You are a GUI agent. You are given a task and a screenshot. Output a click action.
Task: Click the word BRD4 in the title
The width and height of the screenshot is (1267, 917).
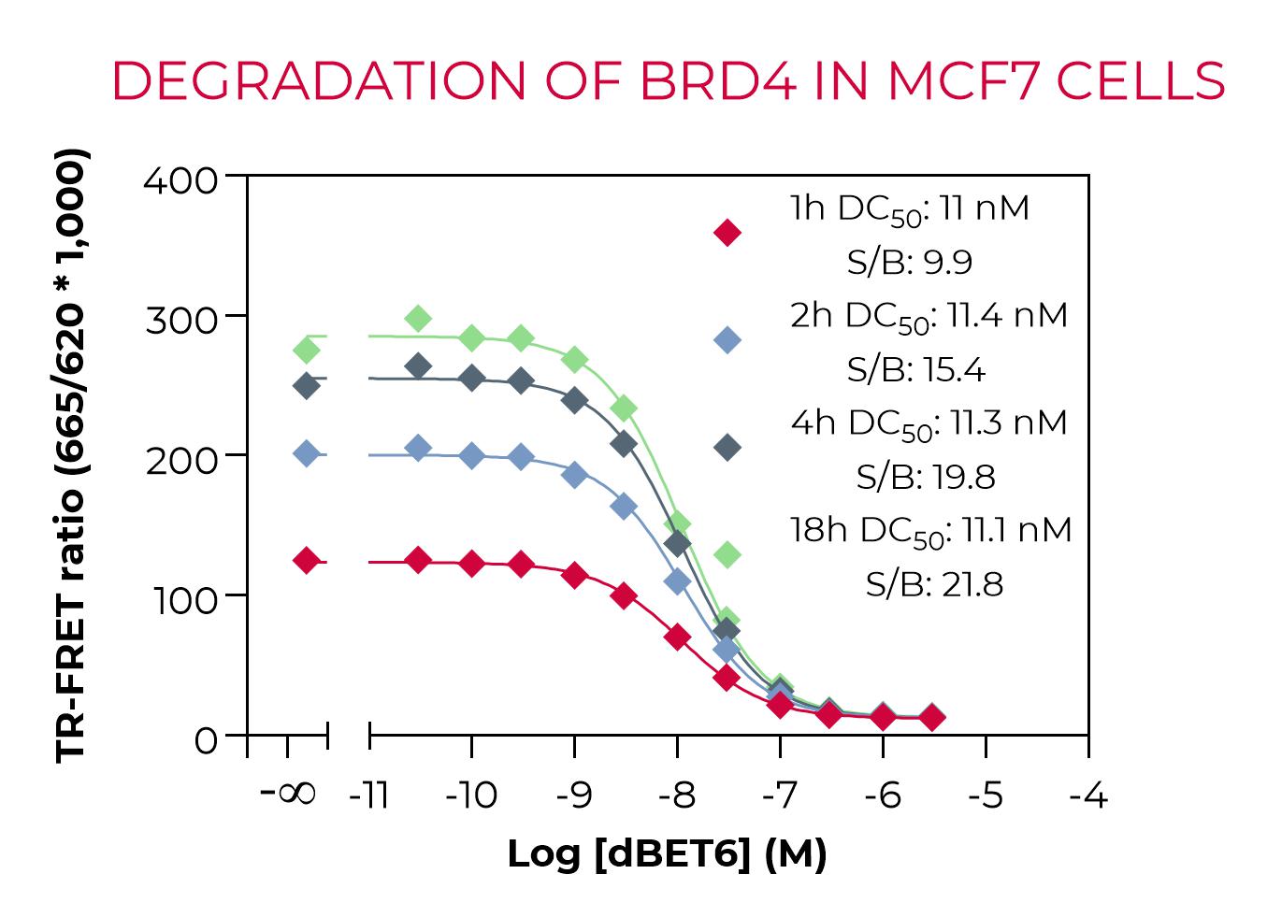pyautogui.click(x=718, y=80)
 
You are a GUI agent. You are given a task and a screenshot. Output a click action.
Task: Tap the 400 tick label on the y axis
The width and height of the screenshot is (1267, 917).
pyautogui.click(x=180, y=179)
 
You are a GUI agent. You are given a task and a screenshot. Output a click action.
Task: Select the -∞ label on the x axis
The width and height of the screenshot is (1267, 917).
pyautogui.click(x=288, y=794)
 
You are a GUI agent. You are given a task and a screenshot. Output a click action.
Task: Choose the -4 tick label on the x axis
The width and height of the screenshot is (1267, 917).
pyautogui.click(x=1087, y=795)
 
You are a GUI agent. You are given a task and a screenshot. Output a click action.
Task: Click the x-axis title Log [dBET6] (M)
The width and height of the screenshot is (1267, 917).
pyautogui.click(x=667, y=853)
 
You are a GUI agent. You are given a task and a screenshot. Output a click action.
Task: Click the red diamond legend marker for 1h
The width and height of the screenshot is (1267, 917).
pyautogui.click(x=727, y=232)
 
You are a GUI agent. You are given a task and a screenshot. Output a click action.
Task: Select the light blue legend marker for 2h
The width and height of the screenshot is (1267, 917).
pyautogui.click(x=727, y=340)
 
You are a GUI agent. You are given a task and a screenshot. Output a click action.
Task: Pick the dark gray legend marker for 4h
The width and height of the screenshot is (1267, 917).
pyautogui.click(x=727, y=448)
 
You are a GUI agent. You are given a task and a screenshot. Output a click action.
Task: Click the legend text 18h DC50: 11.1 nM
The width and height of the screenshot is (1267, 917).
pyautogui.click(x=930, y=531)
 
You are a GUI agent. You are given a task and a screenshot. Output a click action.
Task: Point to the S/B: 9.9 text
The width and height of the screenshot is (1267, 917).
pyautogui.click(x=909, y=263)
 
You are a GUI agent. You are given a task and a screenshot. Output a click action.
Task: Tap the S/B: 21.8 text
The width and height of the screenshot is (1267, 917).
pyautogui.click(x=933, y=585)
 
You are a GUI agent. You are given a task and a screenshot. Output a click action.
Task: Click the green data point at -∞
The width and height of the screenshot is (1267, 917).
pyautogui.click(x=306, y=350)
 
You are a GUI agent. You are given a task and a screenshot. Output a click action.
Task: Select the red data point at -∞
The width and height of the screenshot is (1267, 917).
pyautogui.click(x=306, y=561)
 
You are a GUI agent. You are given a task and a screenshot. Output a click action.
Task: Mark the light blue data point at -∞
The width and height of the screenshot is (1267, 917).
pyautogui.click(x=306, y=453)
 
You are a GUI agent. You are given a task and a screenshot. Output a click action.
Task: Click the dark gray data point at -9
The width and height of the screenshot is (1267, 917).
pyautogui.click(x=574, y=400)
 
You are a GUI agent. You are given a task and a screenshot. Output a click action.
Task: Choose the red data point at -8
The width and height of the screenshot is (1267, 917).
pyautogui.click(x=677, y=638)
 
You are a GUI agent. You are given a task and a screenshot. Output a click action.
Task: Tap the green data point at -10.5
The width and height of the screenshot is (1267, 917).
pyautogui.click(x=419, y=319)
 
